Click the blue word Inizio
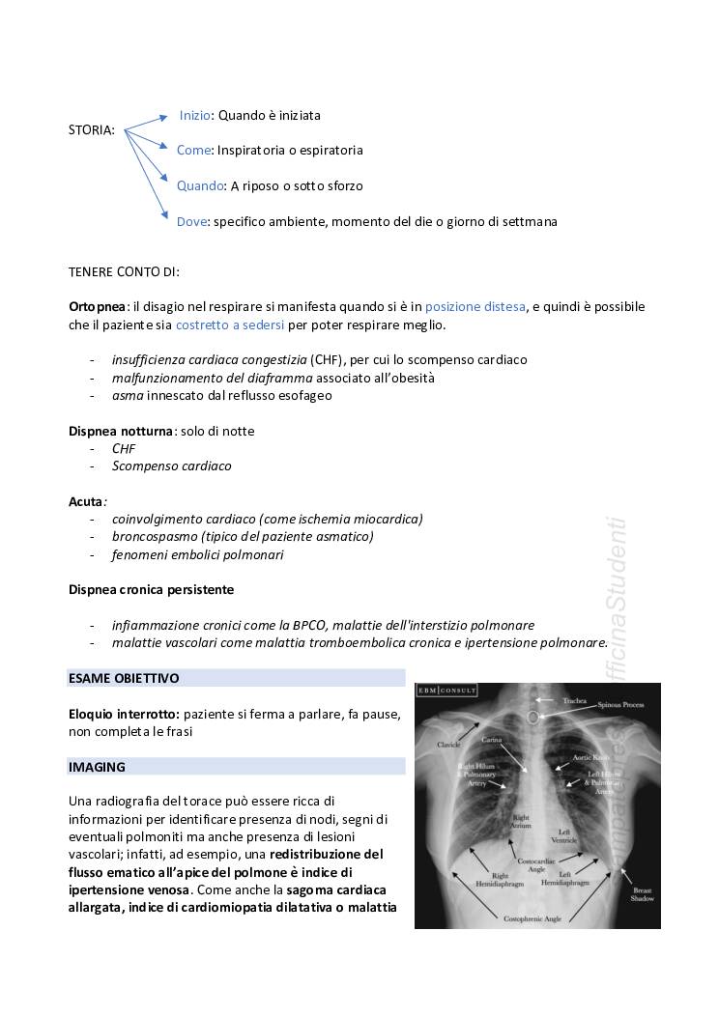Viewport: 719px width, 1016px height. (x=194, y=115)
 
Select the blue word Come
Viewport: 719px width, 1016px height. (x=193, y=151)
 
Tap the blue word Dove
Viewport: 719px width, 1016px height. (x=192, y=221)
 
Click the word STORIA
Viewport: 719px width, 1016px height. (x=92, y=130)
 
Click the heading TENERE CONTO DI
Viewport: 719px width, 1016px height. (x=124, y=271)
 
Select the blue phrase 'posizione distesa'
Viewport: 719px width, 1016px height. (x=475, y=306)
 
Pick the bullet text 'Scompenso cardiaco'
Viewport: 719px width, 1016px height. (x=171, y=466)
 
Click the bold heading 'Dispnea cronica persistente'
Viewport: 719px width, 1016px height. (x=151, y=589)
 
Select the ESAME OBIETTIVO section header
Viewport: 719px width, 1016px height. (x=124, y=678)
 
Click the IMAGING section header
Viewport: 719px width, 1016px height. (x=98, y=767)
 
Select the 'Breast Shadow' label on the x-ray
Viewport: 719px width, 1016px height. (x=642, y=893)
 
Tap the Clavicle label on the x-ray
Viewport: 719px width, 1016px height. (x=447, y=745)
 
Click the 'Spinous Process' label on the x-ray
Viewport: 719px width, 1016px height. (x=619, y=706)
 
